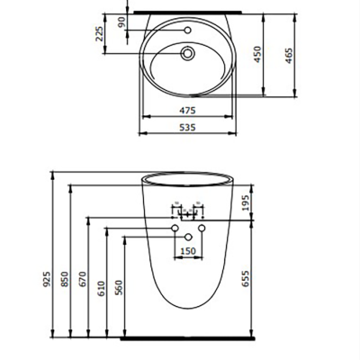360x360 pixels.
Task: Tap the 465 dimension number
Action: pos(291,58)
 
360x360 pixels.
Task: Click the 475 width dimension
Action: pos(186,112)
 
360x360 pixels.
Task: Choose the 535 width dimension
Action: pos(186,127)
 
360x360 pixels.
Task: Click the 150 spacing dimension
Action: pos(188,252)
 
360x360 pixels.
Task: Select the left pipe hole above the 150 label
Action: pos(173,231)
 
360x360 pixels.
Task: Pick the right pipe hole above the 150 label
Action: pos(202,231)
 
